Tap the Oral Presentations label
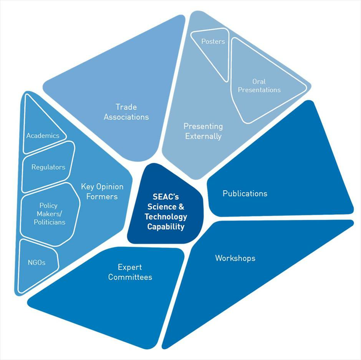[x=259, y=86]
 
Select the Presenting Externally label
[x=203, y=131]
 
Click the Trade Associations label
[x=126, y=112]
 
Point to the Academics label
[x=43, y=135]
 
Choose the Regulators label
[x=48, y=167]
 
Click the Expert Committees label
[x=130, y=272]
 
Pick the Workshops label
[x=235, y=258]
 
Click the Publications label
[x=245, y=194]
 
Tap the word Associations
[x=126, y=117]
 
